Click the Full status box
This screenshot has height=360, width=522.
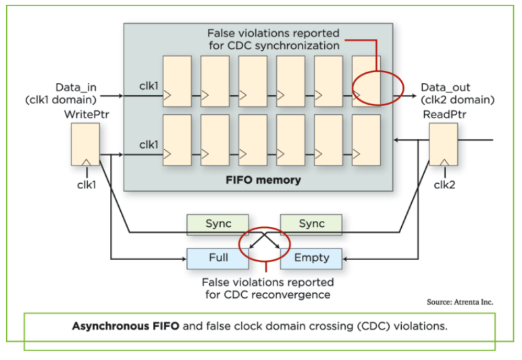point(217,257)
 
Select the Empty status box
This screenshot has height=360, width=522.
point(311,257)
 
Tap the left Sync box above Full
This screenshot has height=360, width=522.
point(217,224)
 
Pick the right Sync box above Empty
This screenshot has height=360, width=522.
point(311,224)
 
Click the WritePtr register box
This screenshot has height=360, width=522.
point(85,145)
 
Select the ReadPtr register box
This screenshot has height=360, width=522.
point(443,145)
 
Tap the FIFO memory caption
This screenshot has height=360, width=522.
point(257,180)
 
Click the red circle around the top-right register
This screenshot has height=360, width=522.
point(377,88)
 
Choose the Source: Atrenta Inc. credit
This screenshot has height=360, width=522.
point(459,302)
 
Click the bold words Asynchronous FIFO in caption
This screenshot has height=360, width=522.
point(126,326)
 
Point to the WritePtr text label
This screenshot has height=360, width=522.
point(86,115)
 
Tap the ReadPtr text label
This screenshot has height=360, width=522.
point(444,115)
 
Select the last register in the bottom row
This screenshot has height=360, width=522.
point(366,140)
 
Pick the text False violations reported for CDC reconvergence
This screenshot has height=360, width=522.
point(267,288)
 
